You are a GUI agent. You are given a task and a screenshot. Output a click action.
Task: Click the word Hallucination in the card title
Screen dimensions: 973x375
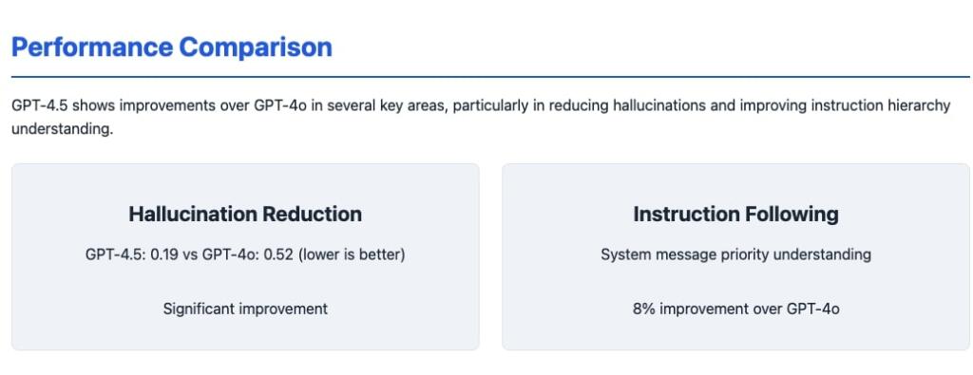[194, 214]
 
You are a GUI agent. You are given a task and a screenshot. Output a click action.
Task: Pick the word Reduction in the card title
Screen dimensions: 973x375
[313, 214]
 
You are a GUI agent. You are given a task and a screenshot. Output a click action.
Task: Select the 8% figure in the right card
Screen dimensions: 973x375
[644, 309]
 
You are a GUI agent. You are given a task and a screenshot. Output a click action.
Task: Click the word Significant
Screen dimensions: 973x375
[194, 309]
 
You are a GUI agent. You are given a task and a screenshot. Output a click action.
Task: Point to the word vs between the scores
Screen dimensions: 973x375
[189, 254]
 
